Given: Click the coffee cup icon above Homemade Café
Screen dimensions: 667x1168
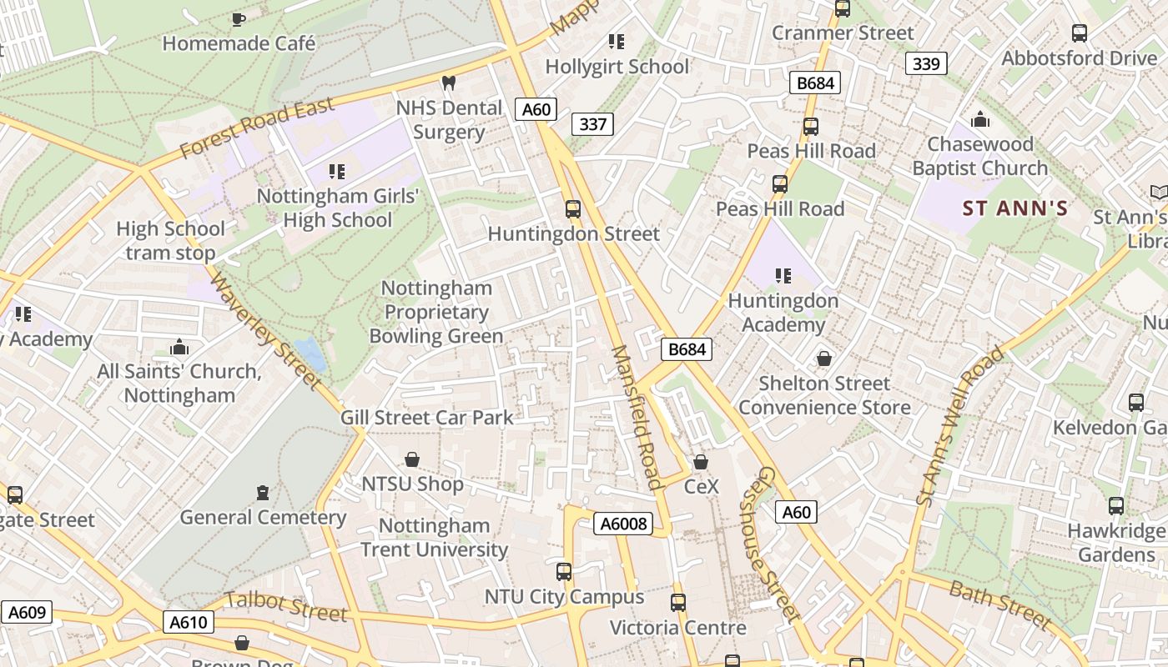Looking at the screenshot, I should [239, 18].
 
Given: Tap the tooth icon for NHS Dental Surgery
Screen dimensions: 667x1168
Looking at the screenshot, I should [448, 83].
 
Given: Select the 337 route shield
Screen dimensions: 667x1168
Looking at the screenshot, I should [592, 124].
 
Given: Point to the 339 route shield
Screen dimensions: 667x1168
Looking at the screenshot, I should [926, 63].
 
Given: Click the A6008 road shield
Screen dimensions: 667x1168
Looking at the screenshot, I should [622, 524].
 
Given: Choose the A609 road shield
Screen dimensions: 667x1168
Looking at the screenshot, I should [26, 613].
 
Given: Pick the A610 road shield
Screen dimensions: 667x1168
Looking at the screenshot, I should [191, 622].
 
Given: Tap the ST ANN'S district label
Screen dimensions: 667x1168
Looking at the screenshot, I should [1015, 208].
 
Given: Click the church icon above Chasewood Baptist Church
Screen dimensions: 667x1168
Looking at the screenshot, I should [980, 120].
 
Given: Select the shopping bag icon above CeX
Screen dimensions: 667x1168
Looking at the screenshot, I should [701, 461].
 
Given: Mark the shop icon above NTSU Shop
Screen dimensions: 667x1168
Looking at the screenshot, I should [412, 459].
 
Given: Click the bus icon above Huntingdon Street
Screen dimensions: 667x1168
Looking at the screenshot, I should [573, 208].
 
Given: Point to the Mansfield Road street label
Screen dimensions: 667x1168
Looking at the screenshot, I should [637, 417].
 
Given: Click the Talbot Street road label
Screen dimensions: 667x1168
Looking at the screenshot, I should [286, 606].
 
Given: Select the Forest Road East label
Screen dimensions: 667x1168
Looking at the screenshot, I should [257, 128].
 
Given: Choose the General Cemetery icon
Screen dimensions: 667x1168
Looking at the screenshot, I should [264, 492].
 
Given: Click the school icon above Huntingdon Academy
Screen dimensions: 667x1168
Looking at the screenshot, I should [783, 275].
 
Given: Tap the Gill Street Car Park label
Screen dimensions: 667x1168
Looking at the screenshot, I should [427, 417].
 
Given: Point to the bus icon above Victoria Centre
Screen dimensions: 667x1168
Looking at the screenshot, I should [678, 602].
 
